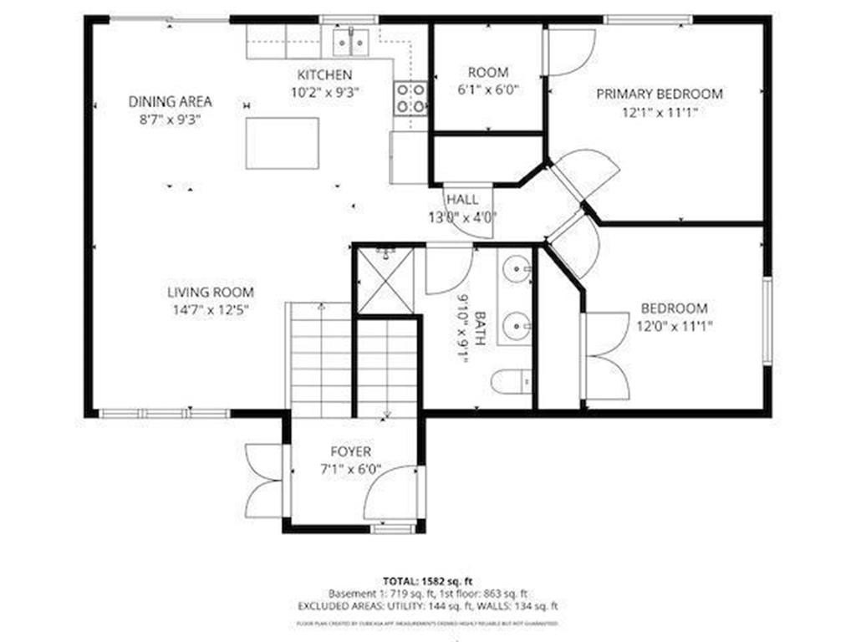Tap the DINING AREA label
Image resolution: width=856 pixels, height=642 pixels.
[170, 102]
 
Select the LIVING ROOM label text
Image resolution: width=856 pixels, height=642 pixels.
[210, 293]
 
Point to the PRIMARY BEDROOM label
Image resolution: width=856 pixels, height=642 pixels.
[659, 94]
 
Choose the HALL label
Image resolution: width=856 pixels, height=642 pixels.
[462, 200]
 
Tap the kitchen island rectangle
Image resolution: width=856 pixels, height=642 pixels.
[283, 143]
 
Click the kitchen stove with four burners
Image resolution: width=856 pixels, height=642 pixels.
[410, 98]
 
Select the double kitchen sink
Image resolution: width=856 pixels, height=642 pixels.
[350, 41]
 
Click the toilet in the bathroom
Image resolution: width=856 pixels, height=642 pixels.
[511, 382]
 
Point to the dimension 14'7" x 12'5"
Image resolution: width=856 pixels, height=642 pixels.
[210, 309]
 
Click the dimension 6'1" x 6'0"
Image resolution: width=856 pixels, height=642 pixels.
[487, 90]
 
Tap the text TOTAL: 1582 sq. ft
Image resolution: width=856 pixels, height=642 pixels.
[427, 580]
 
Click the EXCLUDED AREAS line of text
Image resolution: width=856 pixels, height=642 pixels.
[427, 606]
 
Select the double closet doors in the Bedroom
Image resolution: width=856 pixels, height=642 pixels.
[604, 355]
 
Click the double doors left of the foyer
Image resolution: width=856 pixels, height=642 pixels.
[266, 481]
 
